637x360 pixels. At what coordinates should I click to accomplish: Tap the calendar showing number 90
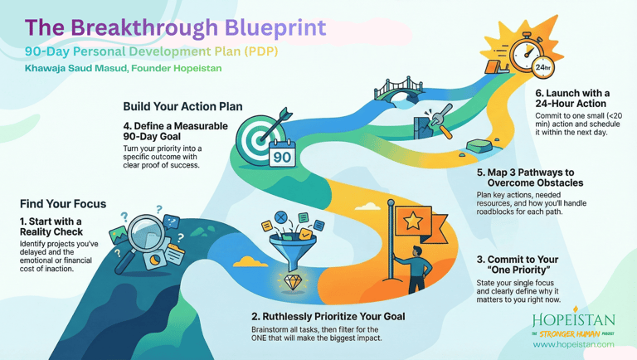point(282,157)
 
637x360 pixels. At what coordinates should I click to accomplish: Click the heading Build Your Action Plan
point(182,106)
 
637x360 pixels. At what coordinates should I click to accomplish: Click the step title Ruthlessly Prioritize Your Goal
point(328,316)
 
